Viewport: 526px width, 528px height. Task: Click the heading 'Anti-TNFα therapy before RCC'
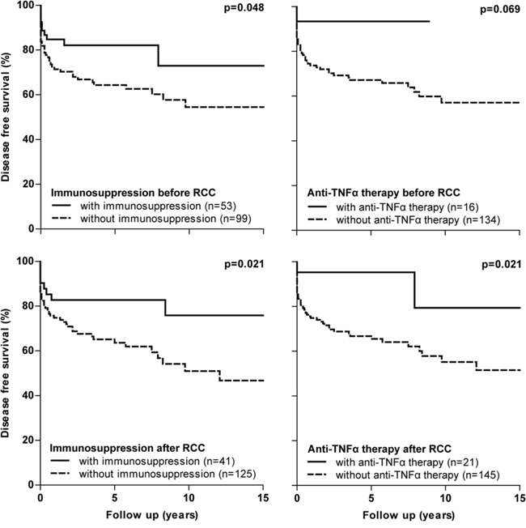click(384, 194)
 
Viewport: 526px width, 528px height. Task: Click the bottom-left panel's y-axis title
click(7, 373)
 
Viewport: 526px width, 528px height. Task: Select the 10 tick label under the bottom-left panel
click(189, 496)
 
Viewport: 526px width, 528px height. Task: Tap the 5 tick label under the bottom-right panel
click(371, 496)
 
